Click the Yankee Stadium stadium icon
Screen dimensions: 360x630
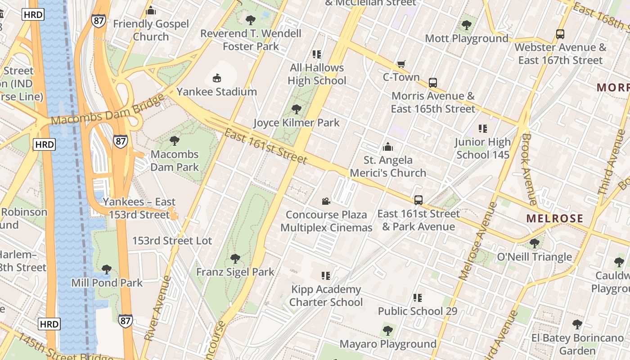pyautogui.click(x=217, y=78)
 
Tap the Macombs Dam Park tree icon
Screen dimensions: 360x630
pyautogui.click(x=175, y=141)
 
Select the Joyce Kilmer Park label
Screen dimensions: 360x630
pyautogui.click(x=297, y=122)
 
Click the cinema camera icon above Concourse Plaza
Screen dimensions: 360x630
pyautogui.click(x=326, y=201)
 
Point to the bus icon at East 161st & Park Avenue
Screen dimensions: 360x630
pyautogui.click(x=418, y=200)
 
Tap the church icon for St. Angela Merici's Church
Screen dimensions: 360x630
pyautogui.click(x=387, y=147)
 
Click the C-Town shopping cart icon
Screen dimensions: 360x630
pyautogui.click(x=401, y=64)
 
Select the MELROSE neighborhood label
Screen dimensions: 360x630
pyautogui.click(x=554, y=219)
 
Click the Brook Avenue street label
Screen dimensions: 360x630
pyautogui.click(x=530, y=169)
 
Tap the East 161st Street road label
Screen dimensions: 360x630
pyautogui.click(x=265, y=146)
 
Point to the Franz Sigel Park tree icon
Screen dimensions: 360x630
pyautogui.click(x=235, y=259)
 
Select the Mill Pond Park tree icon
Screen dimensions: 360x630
pyautogui.click(x=107, y=270)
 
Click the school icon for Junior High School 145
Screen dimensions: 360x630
pyautogui.click(x=483, y=129)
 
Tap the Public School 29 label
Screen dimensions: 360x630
pyautogui.click(x=418, y=311)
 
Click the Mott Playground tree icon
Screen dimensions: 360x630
pyautogui.click(x=467, y=25)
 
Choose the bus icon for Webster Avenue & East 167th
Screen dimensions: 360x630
pyautogui.click(x=560, y=34)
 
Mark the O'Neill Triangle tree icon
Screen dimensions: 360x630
pyautogui.click(x=535, y=243)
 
